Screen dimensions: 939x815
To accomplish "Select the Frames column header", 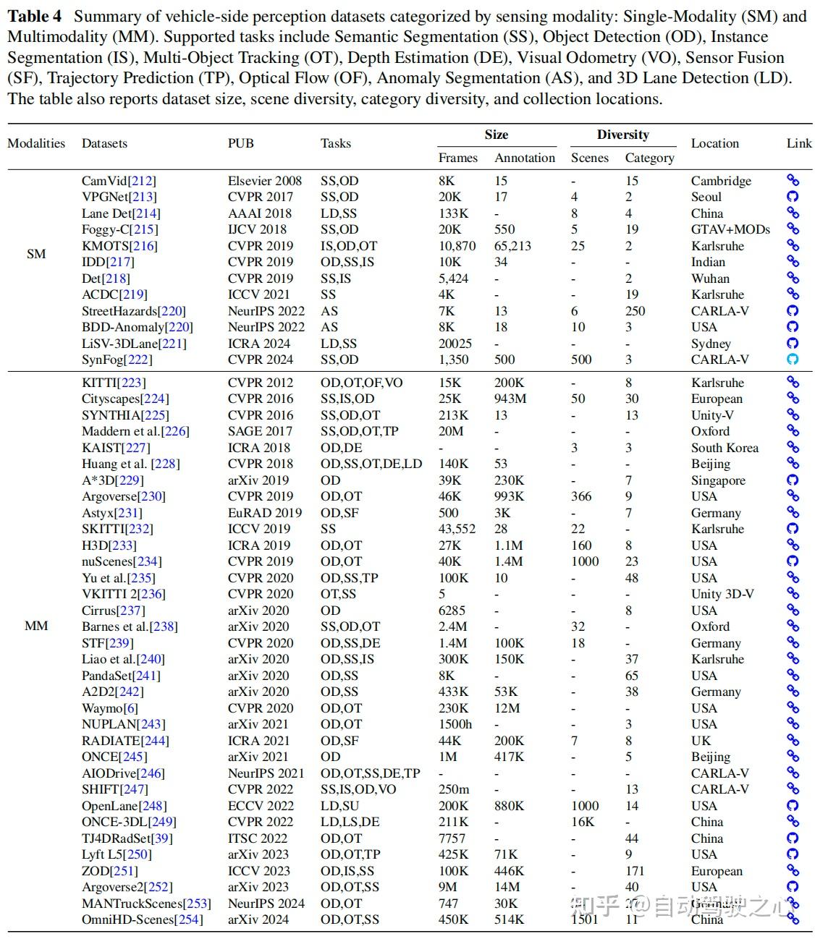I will tap(457, 158).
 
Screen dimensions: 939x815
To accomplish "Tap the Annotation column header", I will tap(525, 158).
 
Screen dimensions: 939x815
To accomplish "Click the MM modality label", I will tap(36, 626).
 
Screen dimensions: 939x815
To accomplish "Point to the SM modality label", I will tap(36, 254).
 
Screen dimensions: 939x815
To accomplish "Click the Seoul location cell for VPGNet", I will tap(706, 197).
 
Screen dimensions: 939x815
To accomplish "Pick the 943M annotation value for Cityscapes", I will tap(510, 399).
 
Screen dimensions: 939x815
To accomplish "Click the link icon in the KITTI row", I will tap(793, 383).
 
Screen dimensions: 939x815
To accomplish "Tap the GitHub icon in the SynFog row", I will tap(793, 360).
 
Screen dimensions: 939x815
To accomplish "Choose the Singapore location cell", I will tap(717, 480).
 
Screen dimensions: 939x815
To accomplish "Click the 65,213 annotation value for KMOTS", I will tap(512, 246).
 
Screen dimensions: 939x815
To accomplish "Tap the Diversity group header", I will tap(622, 135).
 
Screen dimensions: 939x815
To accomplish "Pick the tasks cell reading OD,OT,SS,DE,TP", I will tap(370, 773).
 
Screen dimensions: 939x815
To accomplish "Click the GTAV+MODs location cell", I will tap(730, 229).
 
